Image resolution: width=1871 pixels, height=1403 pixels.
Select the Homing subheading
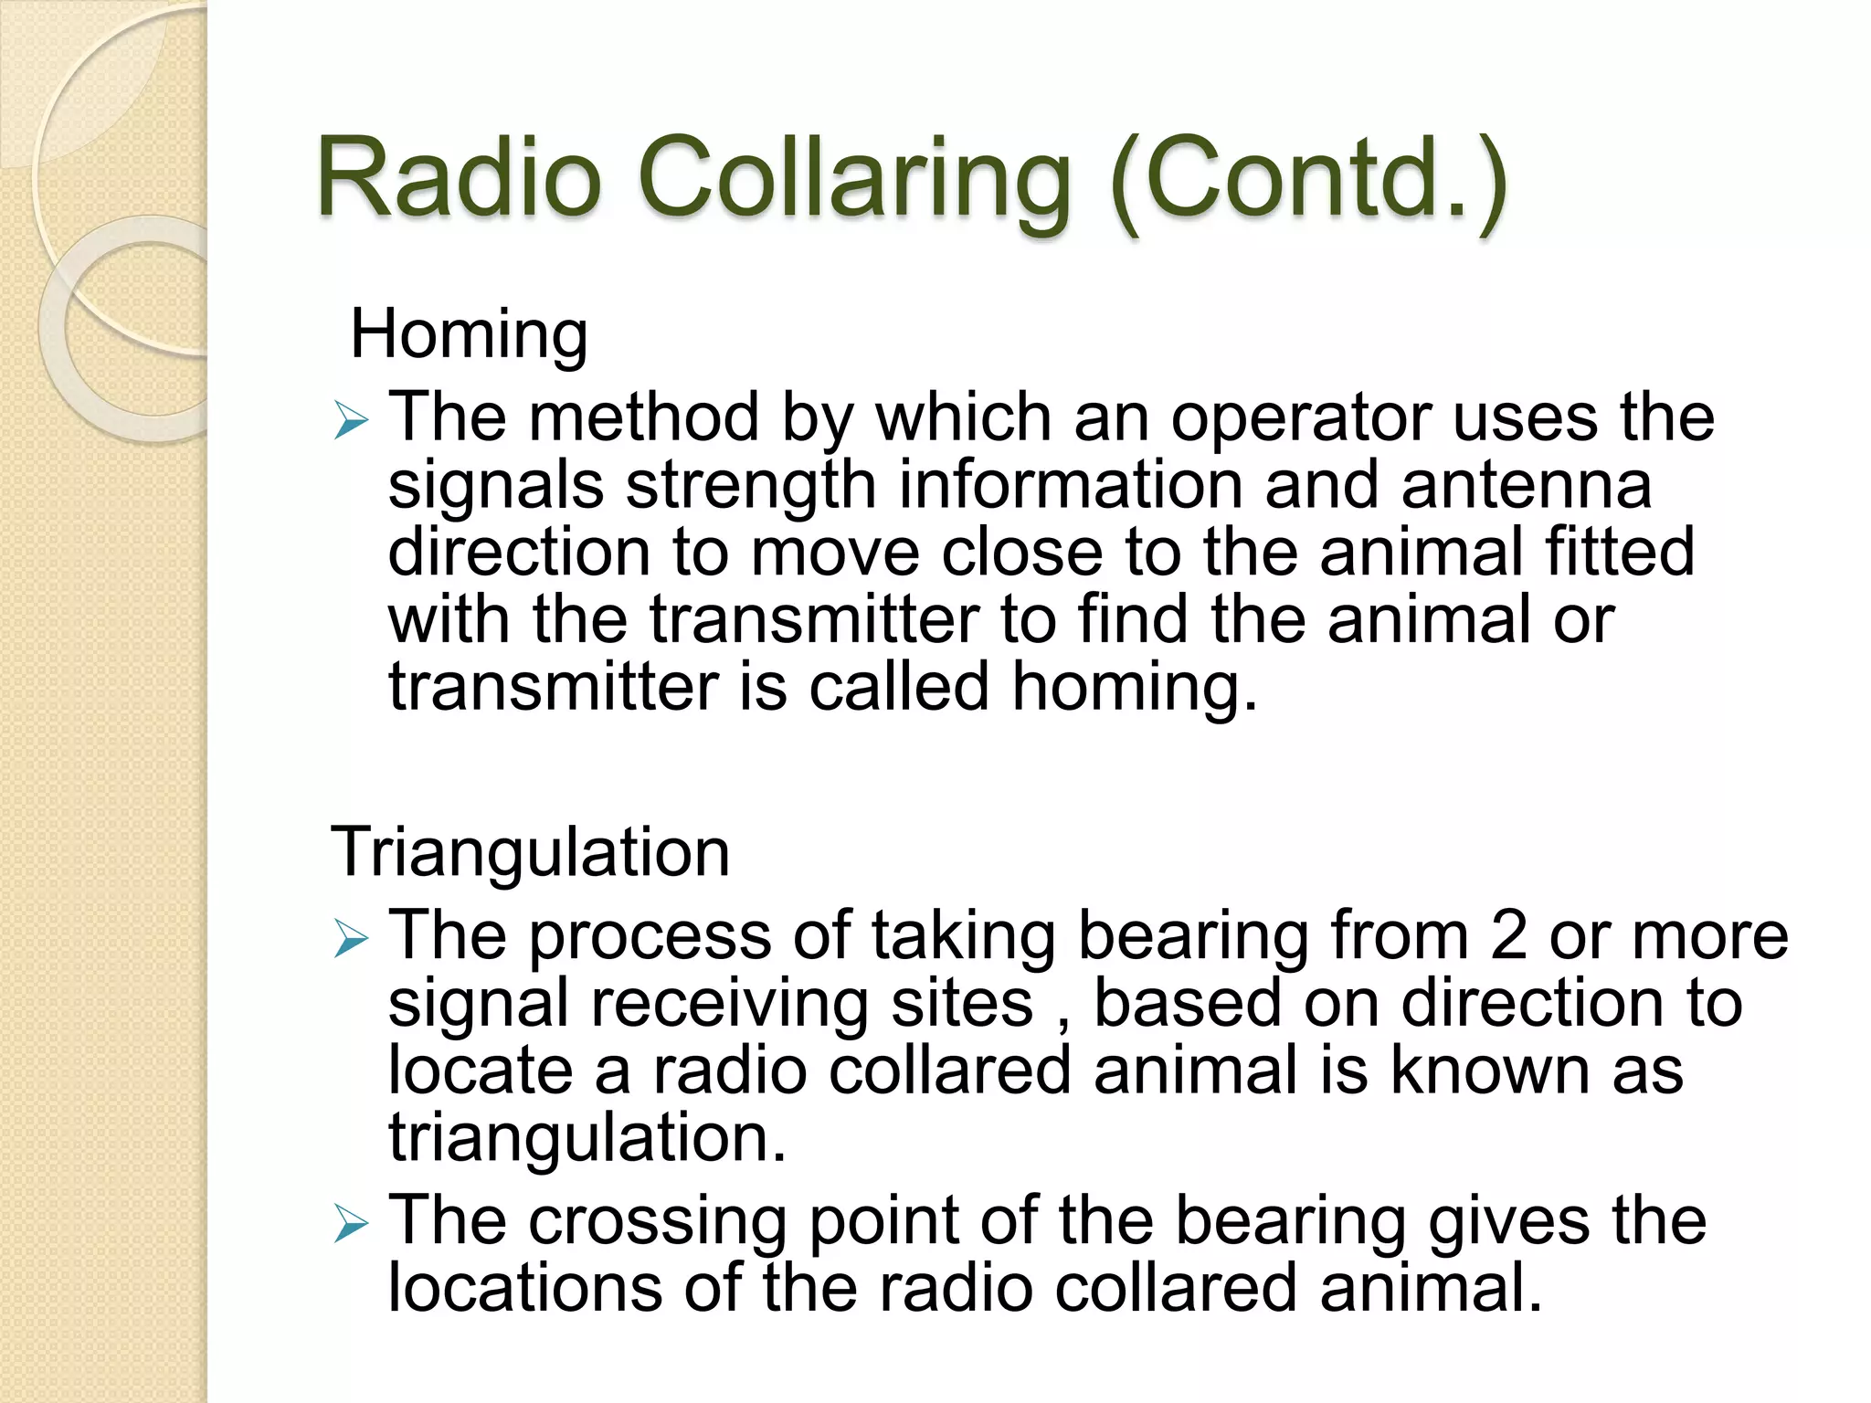469,334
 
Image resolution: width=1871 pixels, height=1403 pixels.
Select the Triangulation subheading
530,851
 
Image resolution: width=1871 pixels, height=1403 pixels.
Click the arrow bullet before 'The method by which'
351,420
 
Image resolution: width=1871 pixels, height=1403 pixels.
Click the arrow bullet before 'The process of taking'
351,938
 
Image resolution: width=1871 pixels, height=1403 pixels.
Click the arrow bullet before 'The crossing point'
351,1223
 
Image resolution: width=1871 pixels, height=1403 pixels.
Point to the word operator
1301,418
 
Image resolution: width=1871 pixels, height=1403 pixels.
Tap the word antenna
1526,485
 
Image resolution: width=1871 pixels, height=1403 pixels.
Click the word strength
751,485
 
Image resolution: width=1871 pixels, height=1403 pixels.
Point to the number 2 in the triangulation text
1508,935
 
